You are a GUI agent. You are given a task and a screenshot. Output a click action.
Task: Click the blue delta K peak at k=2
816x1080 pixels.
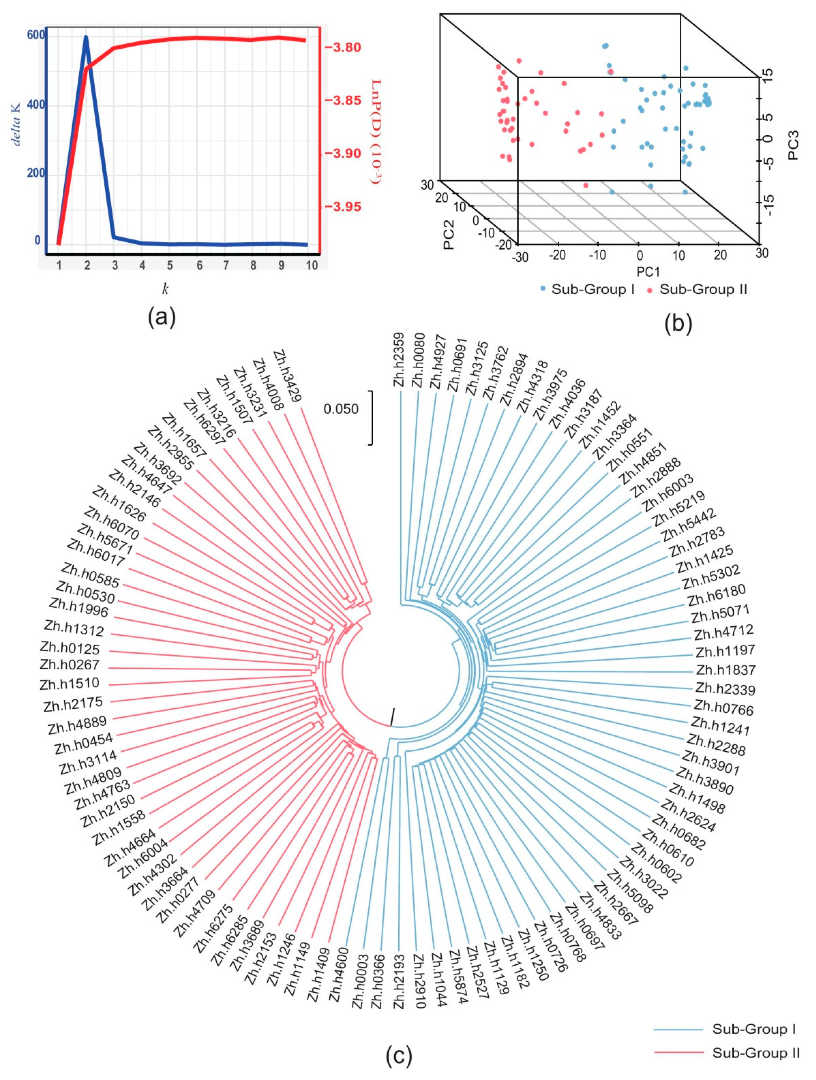click(x=86, y=37)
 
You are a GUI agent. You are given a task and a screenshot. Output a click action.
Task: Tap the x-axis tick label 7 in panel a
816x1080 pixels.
click(x=226, y=265)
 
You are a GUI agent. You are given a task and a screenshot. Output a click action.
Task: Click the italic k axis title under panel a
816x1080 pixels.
click(x=165, y=289)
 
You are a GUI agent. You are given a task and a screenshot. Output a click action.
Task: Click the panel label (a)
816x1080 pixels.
click(x=161, y=317)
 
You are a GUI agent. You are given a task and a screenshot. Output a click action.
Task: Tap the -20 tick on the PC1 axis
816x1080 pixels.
click(x=557, y=255)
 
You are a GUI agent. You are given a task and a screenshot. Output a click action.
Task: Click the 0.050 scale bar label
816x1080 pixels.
click(x=341, y=409)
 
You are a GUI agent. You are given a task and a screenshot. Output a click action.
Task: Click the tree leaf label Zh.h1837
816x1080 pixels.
click(x=726, y=670)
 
